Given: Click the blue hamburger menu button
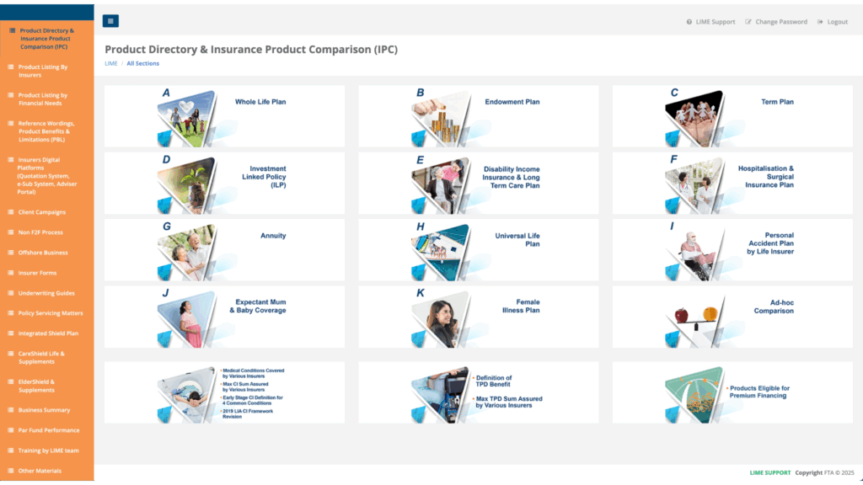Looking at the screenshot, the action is pos(110,21).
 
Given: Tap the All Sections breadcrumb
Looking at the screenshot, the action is pos(142,63).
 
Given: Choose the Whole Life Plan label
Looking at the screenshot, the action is pos(260,102).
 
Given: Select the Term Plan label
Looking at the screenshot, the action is pos(777,102).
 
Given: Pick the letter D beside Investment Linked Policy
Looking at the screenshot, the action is pos(166,160).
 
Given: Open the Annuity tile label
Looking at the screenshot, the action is pos(273,236).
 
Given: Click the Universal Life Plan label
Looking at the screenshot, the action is pos(517,240).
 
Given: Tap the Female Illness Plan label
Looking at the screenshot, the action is pos(521,306).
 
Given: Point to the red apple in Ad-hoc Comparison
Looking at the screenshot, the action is pos(681,315).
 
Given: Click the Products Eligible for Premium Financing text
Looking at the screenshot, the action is pos(759,392).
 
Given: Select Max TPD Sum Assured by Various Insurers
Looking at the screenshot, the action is pos(508,402).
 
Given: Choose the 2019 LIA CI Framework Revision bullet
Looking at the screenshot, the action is pos(248,413).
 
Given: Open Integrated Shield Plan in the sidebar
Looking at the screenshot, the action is pos(48,333).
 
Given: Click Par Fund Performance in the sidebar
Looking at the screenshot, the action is pos(48,430).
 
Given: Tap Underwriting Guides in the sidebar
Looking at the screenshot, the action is pos(46,293).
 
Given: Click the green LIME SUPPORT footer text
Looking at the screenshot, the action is pos(770,472).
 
